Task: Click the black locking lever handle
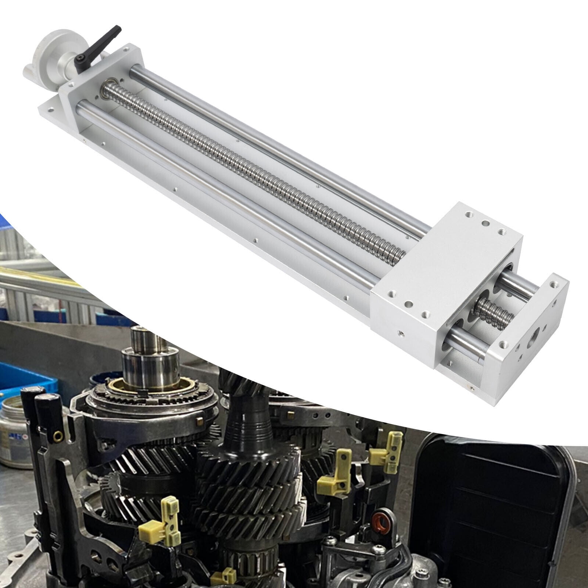[99, 44]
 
